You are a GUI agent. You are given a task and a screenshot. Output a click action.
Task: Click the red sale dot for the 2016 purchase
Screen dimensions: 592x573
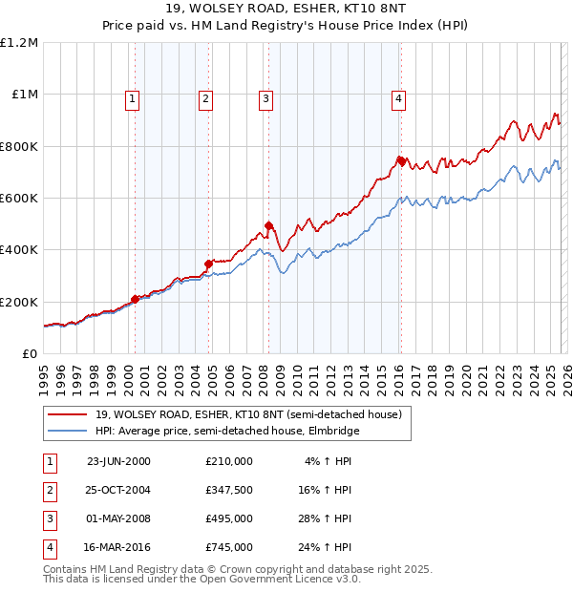[401, 160]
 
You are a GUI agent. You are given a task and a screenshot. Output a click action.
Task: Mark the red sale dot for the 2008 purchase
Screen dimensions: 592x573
[268, 225]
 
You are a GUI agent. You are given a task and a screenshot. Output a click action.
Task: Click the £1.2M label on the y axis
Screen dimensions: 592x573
[20, 43]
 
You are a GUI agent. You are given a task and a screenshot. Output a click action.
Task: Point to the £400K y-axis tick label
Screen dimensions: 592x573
[20, 250]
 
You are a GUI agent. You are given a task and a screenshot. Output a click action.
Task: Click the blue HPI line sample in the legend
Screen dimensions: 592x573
[68, 431]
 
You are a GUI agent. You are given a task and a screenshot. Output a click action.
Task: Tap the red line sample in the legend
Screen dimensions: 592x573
[68, 414]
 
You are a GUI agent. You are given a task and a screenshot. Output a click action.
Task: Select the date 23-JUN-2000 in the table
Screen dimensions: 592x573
[118, 460]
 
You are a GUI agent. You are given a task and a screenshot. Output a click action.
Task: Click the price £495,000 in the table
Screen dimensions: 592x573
[229, 519]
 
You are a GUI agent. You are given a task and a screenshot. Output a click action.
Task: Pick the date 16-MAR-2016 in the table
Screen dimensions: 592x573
[118, 548]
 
